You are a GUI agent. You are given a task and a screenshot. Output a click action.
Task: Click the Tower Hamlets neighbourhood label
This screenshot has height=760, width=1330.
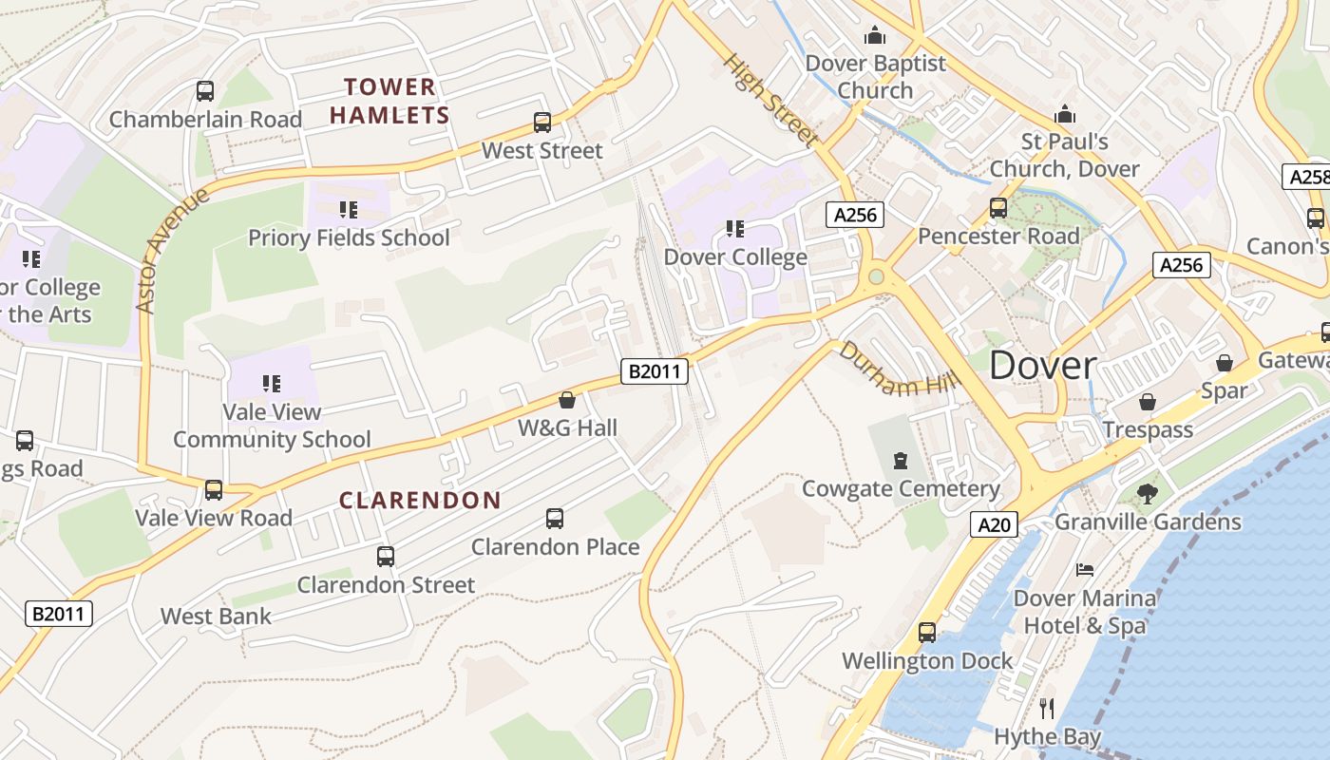pos(389,102)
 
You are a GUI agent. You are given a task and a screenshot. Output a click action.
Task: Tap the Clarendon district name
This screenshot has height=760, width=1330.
pos(420,501)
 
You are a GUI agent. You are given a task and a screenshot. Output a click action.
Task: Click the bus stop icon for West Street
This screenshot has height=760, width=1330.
pos(541,123)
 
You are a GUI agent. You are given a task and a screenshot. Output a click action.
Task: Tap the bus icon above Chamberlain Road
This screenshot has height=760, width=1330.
pos(205,91)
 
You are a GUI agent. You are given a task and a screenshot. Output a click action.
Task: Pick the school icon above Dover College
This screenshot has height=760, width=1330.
pos(734,229)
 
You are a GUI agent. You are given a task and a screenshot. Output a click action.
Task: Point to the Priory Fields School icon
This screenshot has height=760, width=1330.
pos(349,209)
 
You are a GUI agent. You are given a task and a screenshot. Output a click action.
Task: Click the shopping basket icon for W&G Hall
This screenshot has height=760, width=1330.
pos(567,400)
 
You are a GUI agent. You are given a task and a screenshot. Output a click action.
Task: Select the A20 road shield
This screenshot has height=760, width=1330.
pos(995,524)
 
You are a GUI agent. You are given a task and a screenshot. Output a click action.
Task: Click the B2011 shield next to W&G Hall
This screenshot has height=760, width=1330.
pos(655,370)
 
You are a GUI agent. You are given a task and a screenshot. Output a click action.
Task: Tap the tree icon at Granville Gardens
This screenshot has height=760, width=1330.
pos(1148,493)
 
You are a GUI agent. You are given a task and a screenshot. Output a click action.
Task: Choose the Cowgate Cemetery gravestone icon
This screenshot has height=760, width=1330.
pos(901,461)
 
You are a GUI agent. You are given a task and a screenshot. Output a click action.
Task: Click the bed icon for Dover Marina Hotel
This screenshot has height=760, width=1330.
pos(1084,570)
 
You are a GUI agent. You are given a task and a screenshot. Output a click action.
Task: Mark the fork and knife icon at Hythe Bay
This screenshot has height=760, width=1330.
pos(1047,708)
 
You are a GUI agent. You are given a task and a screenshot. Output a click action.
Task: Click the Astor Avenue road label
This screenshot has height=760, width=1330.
pos(173,251)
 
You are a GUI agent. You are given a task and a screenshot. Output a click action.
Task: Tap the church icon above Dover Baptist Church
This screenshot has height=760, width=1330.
pos(875,36)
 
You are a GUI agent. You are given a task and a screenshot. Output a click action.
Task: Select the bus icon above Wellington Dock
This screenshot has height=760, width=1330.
pos(927,632)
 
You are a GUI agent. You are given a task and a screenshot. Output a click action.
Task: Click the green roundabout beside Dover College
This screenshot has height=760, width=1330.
pos(876,276)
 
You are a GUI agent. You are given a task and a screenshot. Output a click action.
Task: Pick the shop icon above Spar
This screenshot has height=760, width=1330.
pos(1225,363)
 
